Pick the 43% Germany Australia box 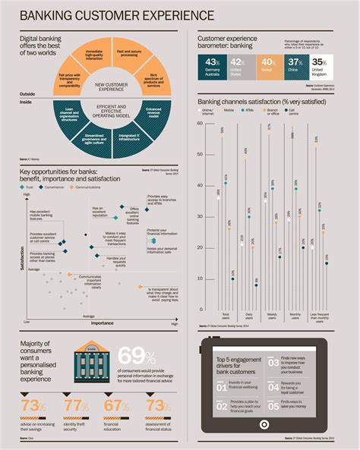(212, 66)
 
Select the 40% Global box (268, 66)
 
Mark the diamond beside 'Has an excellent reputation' (121, 206)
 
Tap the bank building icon (91, 363)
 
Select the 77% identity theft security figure (76, 408)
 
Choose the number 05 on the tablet (273, 408)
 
